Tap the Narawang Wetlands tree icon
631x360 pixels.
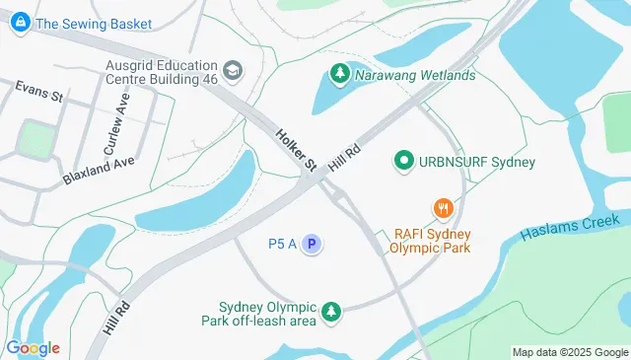point(339,74)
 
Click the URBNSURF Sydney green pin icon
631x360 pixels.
point(402,161)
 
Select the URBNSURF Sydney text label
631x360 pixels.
point(477,162)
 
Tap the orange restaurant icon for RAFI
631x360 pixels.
point(443,209)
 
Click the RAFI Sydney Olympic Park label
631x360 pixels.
point(432,241)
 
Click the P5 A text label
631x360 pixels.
point(282,244)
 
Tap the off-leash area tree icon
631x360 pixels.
point(332,312)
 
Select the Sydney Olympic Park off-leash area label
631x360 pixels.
point(272,313)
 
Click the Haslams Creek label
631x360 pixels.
point(573,229)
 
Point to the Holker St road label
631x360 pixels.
point(295,147)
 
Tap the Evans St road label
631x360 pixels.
point(38,93)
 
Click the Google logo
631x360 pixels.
point(33,348)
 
